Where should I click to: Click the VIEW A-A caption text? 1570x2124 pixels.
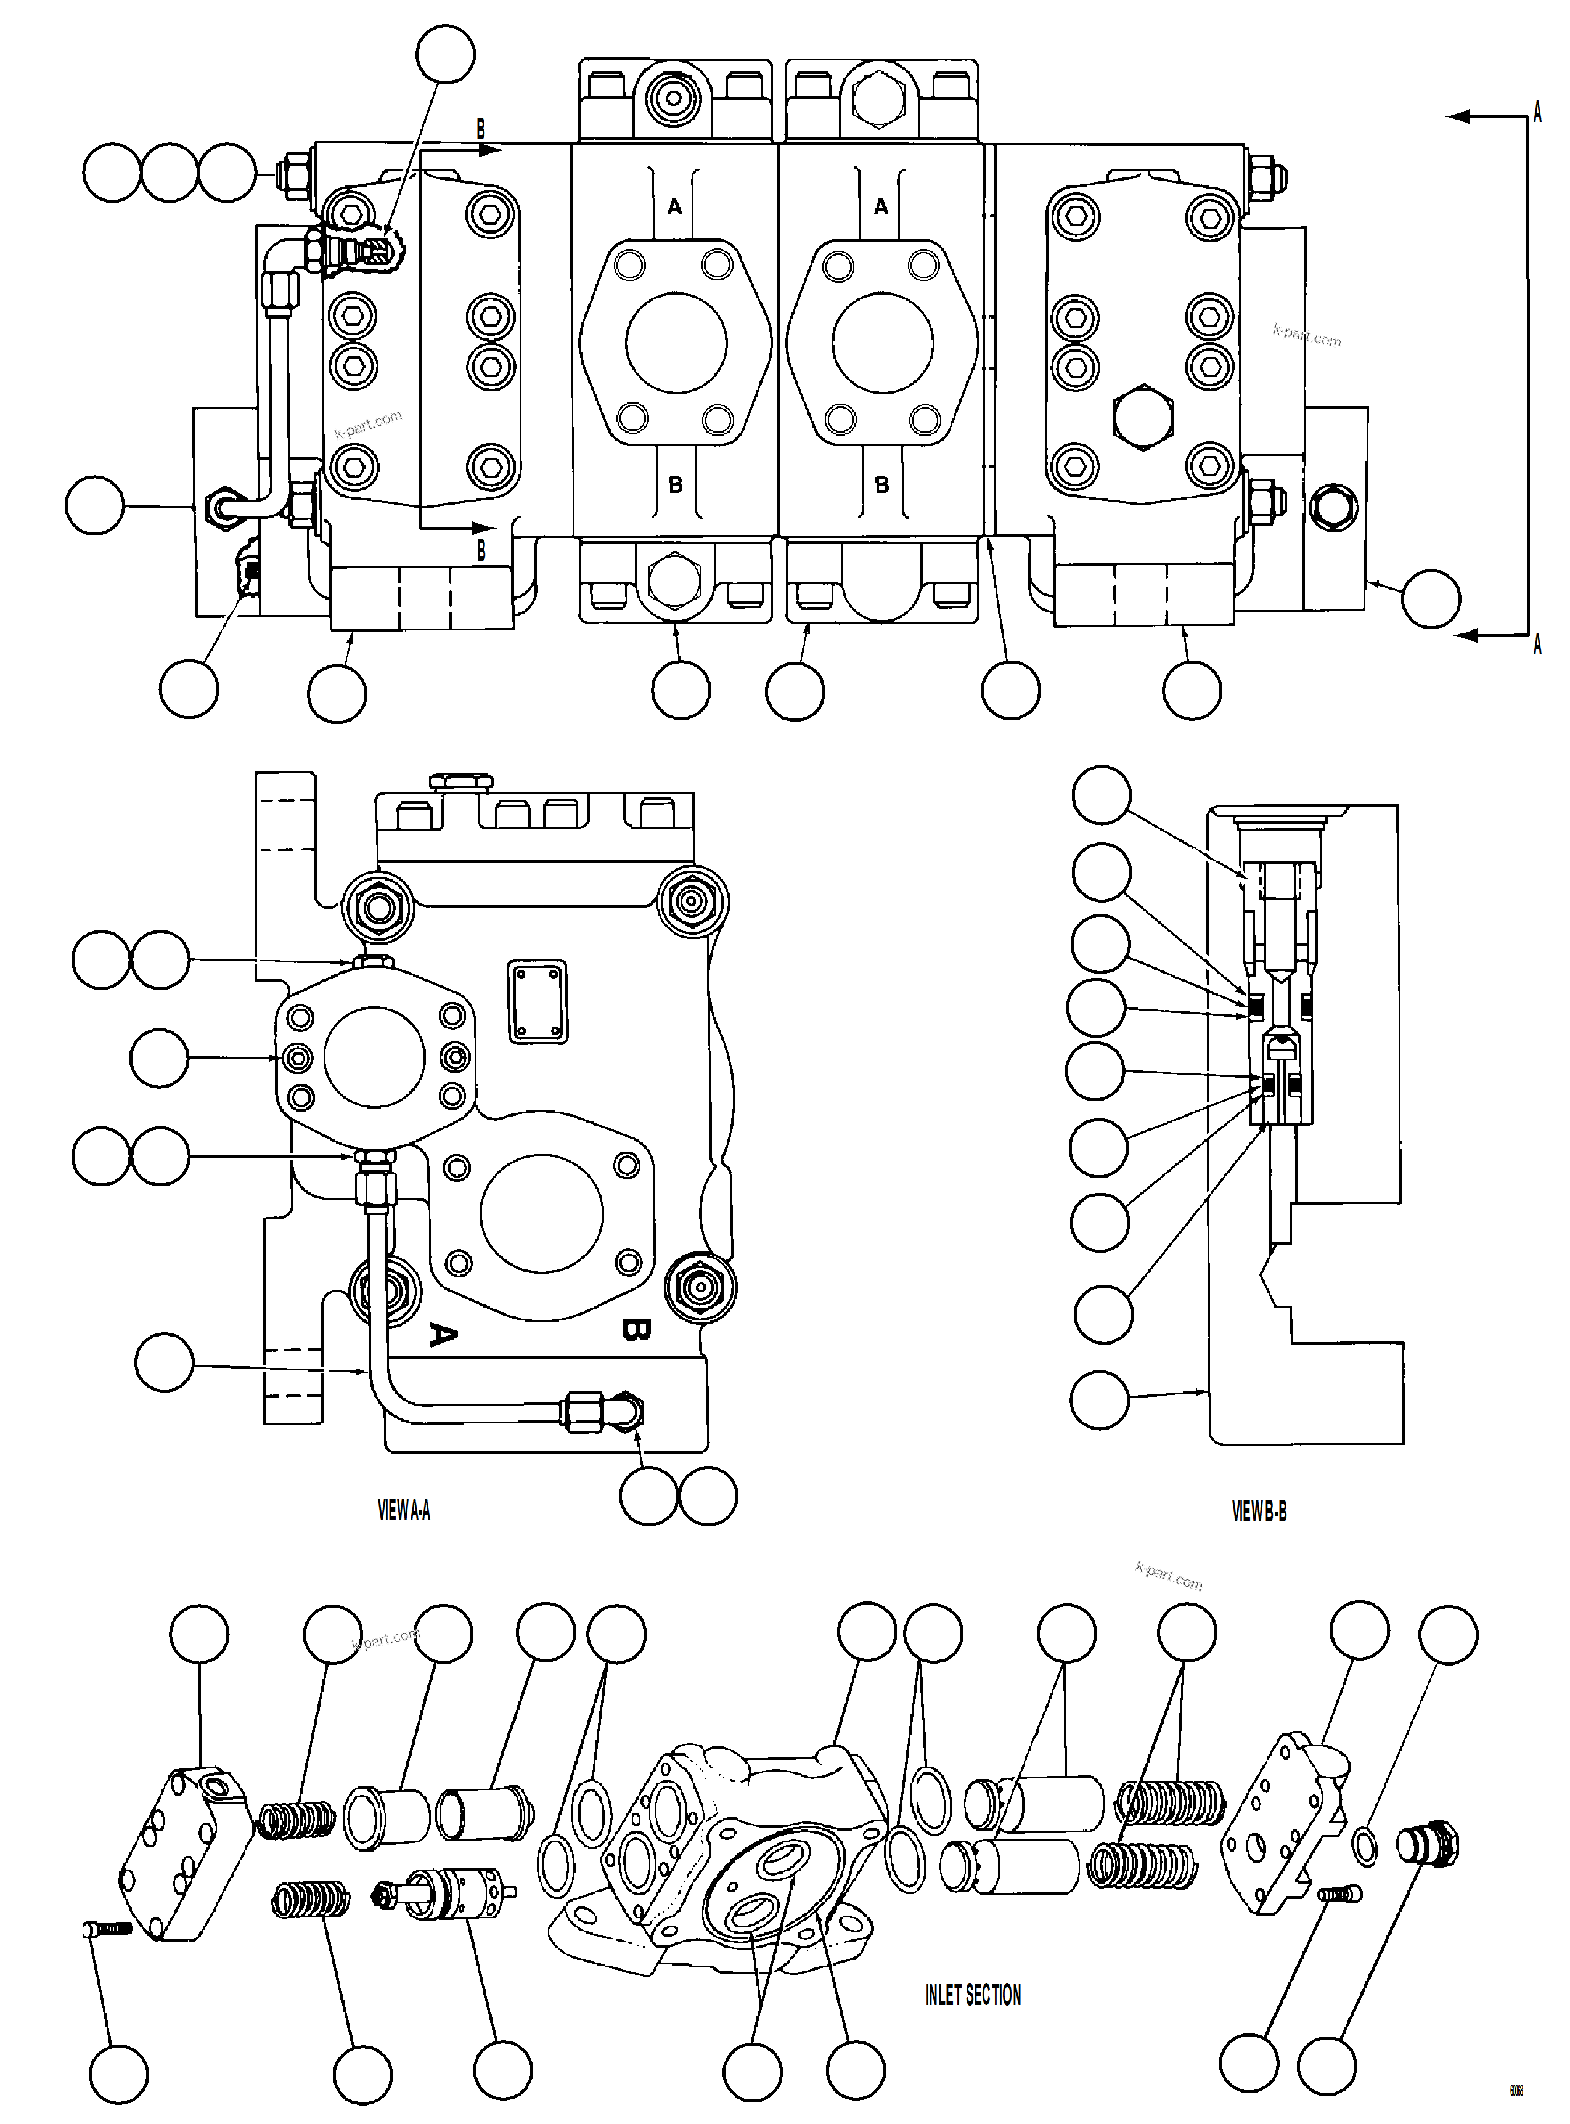click(x=403, y=1510)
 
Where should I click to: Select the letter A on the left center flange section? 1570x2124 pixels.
click(x=675, y=206)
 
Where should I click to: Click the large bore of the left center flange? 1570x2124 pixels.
click(x=676, y=342)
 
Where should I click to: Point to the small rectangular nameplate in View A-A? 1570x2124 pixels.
click(x=538, y=1001)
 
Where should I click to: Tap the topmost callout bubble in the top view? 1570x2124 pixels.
click(x=446, y=55)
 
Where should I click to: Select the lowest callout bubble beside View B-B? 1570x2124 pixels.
click(x=1100, y=1400)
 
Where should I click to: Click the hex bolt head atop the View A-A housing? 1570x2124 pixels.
click(x=461, y=782)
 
